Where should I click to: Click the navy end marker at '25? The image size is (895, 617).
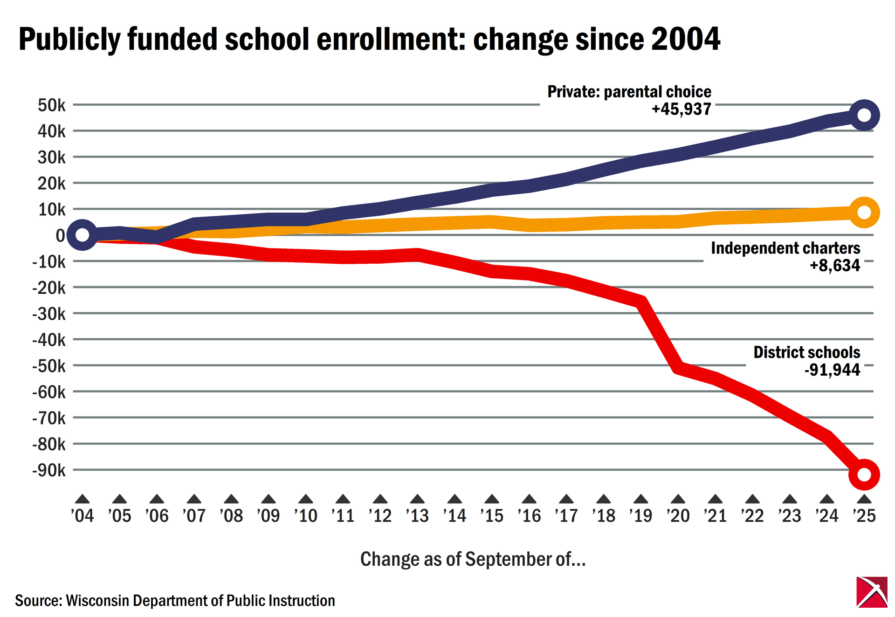(x=863, y=115)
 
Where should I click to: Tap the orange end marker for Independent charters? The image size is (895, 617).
(x=863, y=213)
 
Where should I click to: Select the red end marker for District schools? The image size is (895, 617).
(x=863, y=474)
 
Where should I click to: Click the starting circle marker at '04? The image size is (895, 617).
(x=82, y=235)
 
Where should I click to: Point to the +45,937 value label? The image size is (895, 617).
(x=681, y=109)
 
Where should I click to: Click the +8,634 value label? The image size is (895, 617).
(x=834, y=265)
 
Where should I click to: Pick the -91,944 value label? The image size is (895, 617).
(x=832, y=370)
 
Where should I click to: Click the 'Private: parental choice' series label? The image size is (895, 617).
(x=629, y=92)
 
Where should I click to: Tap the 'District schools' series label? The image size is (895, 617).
(x=806, y=352)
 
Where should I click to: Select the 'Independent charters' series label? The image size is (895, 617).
(x=785, y=248)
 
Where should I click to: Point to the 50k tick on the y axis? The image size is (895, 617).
(x=52, y=105)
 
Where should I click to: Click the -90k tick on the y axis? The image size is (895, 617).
(x=49, y=470)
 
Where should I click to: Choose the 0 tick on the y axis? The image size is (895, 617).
(x=61, y=235)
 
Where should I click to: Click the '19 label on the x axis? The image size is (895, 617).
(x=640, y=515)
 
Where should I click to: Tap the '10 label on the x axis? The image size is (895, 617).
(x=305, y=515)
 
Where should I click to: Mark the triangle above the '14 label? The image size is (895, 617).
(x=454, y=499)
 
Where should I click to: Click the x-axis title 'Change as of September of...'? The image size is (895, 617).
(x=473, y=559)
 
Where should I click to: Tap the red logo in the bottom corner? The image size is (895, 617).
(x=872, y=592)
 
